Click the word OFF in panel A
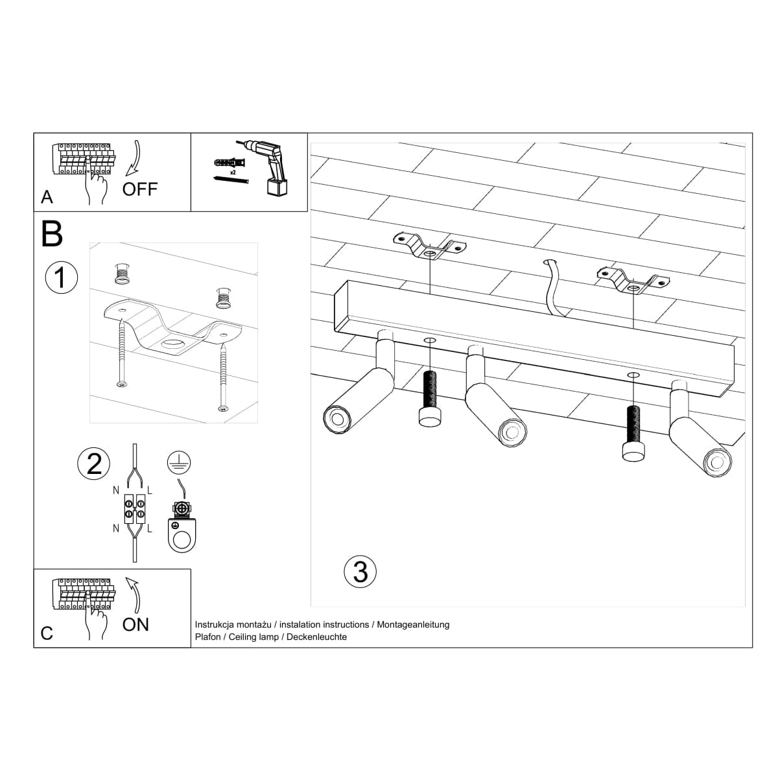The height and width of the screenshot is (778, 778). (x=140, y=189)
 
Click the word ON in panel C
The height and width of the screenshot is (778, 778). (x=136, y=624)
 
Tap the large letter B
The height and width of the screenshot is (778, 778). (x=52, y=235)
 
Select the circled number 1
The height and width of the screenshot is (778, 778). (x=61, y=277)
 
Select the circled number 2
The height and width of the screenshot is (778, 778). (x=94, y=464)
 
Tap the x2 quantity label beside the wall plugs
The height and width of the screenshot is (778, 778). (x=231, y=173)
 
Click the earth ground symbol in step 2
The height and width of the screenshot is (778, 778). (x=176, y=461)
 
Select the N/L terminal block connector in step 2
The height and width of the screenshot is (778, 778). (x=134, y=508)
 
